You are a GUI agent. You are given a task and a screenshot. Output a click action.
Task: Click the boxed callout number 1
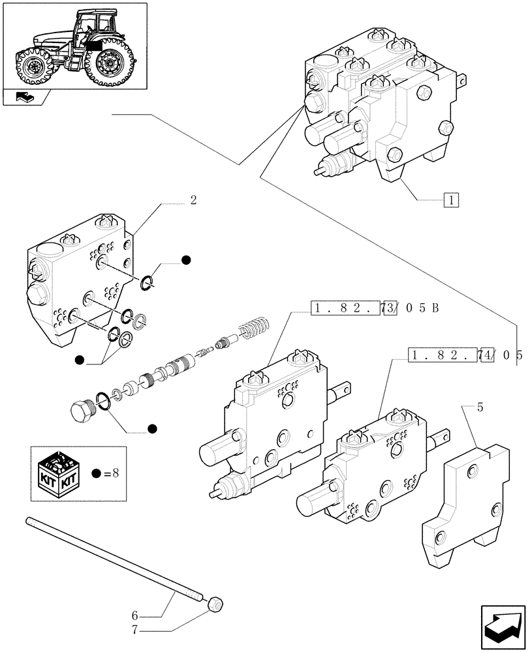click(451, 200)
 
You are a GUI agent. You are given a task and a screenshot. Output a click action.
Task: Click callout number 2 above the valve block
click(193, 201)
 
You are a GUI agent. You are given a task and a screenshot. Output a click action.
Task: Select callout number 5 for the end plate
click(480, 408)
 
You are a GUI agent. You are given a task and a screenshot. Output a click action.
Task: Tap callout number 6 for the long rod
click(135, 614)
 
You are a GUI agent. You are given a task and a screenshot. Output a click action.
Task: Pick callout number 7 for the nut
click(135, 630)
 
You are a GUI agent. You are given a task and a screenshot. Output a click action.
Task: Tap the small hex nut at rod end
click(215, 606)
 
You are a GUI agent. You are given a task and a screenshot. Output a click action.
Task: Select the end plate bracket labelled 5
click(467, 502)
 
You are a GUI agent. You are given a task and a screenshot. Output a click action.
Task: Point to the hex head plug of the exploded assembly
click(83, 410)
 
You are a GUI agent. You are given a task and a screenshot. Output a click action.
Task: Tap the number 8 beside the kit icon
click(115, 473)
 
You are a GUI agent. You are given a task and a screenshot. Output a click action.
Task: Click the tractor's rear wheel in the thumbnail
click(108, 63)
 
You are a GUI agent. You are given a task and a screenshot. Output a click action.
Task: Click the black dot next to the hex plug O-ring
click(152, 428)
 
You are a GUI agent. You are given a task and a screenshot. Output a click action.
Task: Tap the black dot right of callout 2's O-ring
click(186, 260)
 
